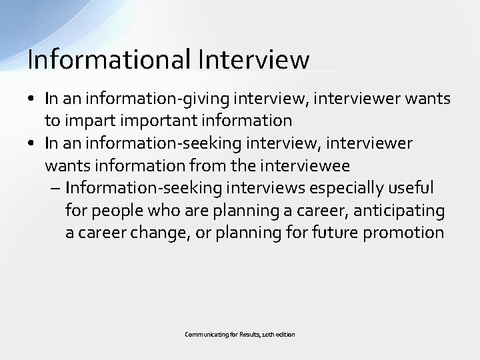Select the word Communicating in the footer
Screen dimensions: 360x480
tap(204, 334)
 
